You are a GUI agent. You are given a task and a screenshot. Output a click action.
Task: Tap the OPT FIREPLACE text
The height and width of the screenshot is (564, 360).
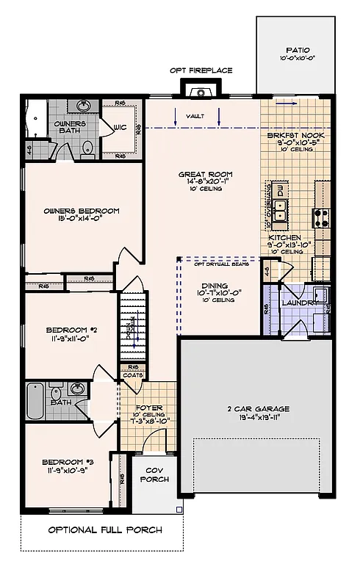pos(201,70)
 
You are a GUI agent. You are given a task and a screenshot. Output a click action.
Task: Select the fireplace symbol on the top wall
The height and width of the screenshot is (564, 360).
pos(198,92)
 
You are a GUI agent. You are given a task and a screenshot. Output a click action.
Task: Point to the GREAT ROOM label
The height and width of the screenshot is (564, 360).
pos(200,175)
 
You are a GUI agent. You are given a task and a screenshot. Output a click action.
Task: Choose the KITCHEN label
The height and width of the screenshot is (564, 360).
pos(284,239)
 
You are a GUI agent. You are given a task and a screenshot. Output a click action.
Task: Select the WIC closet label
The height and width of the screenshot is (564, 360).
pos(121,127)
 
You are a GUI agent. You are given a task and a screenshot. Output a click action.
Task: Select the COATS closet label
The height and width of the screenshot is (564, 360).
pos(134,375)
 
